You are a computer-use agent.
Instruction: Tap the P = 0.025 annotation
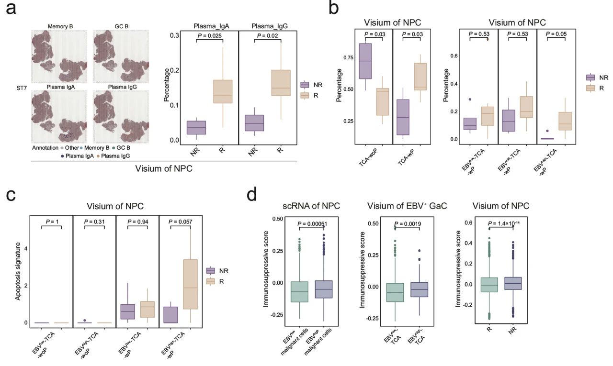(x=210, y=35)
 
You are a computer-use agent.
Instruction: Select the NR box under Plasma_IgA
(x=196, y=128)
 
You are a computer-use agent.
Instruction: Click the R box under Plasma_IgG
(x=280, y=83)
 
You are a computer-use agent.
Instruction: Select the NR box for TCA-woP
(x=365, y=61)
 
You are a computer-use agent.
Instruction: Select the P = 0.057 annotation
(x=178, y=222)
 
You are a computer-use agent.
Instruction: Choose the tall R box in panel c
(x=191, y=284)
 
